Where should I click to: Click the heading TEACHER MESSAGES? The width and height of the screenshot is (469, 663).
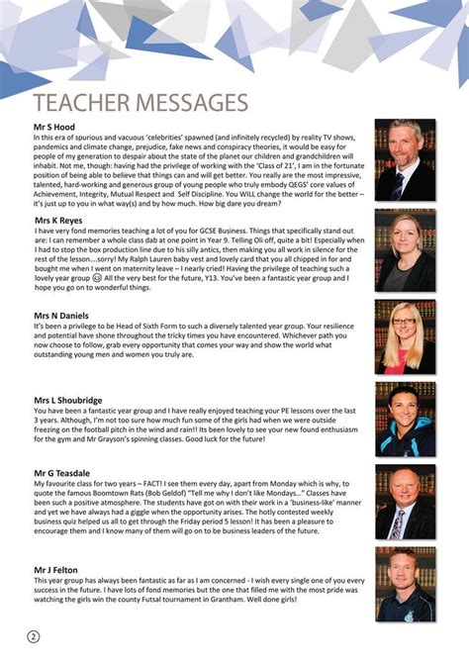140,103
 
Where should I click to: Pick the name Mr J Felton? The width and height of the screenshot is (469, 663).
57,570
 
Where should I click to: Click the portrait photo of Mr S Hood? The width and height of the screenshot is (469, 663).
404,160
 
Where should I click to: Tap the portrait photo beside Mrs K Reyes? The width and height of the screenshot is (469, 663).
404,249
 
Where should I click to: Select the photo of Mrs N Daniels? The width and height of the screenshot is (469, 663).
404,338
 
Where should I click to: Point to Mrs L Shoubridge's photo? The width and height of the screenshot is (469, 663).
404,420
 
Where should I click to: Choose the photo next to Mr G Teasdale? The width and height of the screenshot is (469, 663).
404,502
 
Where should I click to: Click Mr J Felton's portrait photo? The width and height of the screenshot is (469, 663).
404,583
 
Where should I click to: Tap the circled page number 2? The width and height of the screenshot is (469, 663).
34,634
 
